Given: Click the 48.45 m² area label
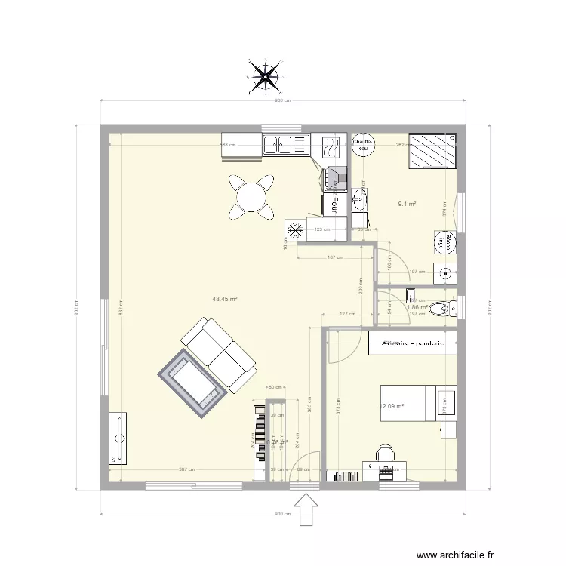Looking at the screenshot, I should [225, 299].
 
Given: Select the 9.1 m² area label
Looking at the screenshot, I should [408, 203].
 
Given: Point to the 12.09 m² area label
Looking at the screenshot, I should [392, 407].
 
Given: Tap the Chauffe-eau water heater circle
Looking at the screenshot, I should [363, 144].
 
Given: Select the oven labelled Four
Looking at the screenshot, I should [335, 201].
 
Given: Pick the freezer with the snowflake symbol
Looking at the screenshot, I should [295, 229].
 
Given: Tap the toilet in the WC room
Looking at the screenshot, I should [451, 306].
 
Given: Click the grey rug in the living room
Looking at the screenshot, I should [192, 383].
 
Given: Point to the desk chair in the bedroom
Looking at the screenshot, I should [385, 454].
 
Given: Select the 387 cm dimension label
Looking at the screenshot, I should [187, 469].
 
